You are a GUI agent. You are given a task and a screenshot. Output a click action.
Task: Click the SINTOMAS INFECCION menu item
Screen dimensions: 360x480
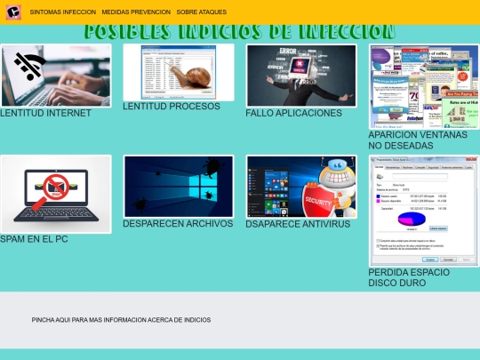(x=63, y=12)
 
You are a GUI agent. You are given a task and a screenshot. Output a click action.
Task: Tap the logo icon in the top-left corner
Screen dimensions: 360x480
(x=13, y=12)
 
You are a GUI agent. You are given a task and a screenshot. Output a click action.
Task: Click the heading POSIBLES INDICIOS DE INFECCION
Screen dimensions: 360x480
(x=240, y=32)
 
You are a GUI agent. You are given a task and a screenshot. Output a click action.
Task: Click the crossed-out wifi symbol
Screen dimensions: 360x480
(x=30, y=65)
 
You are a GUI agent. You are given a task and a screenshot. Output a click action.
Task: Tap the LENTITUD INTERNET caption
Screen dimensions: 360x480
(x=45, y=114)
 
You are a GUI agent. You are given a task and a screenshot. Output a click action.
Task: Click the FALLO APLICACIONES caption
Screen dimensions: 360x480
(x=293, y=114)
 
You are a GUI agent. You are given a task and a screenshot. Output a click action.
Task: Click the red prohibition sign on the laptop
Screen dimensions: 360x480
(x=56, y=188)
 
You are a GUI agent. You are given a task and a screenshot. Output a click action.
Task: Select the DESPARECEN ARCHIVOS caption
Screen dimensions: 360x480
(x=178, y=224)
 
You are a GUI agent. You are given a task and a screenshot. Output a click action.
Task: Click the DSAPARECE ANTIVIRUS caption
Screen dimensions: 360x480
(x=298, y=224)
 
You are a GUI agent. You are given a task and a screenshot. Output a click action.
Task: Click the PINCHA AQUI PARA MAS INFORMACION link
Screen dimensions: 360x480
(x=121, y=319)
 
